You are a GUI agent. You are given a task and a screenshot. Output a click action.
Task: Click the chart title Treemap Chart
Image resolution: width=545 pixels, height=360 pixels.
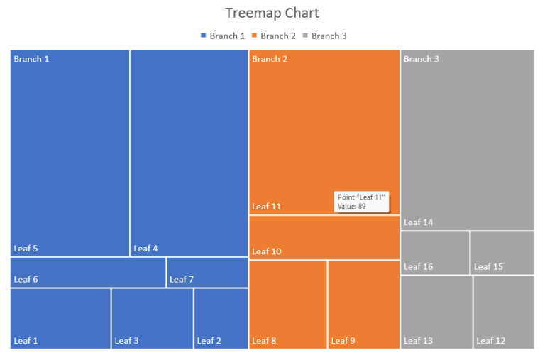(x=272, y=13)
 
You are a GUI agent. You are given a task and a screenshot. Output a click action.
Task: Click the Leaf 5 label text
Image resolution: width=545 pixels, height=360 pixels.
(x=26, y=249)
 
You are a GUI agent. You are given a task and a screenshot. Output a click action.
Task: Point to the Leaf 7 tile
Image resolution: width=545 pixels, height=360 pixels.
(x=207, y=273)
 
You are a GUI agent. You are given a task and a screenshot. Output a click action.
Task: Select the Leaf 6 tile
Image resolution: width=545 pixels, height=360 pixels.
(x=88, y=273)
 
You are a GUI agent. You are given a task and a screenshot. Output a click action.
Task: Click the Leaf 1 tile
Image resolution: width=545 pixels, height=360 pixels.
(x=60, y=318)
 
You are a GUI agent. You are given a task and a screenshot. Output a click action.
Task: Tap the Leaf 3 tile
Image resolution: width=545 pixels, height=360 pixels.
(x=152, y=318)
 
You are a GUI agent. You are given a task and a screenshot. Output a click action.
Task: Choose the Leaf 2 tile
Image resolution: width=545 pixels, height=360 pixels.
(x=221, y=318)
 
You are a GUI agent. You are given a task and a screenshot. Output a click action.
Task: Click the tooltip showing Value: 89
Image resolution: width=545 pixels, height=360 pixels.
(x=361, y=202)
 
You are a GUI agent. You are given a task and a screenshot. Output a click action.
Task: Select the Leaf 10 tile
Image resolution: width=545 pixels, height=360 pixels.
(x=324, y=237)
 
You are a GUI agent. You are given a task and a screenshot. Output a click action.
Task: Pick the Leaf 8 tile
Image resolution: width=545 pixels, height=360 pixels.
(x=287, y=304)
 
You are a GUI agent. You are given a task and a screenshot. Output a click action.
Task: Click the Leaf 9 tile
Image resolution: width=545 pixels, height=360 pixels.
(x=363, y=304)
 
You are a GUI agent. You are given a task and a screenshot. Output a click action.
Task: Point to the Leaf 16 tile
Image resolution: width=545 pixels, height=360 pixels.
(x=434, y=252)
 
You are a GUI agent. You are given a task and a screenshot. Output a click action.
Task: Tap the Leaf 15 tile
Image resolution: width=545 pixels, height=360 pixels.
(x=502, y=252)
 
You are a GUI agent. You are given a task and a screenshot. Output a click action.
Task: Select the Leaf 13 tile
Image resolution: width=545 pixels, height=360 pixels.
(x=436, y=312)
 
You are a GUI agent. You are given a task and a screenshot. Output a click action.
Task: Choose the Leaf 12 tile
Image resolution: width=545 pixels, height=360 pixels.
(x=503, y=312)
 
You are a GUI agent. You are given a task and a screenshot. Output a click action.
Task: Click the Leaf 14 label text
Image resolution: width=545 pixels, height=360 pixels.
(x=418, y=222)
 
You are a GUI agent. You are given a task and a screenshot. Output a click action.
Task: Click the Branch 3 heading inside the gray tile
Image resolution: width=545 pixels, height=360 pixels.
(x=421, y=59)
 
